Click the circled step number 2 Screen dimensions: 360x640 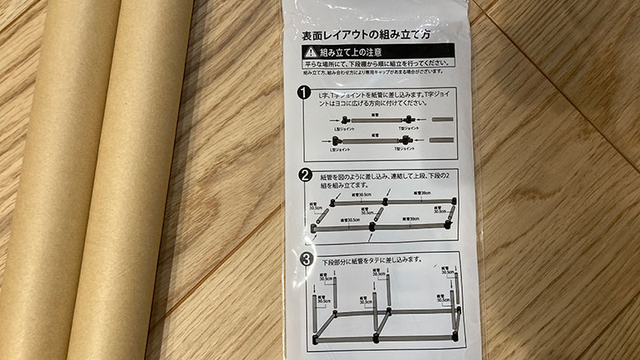tap(306, 175)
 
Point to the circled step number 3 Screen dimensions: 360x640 tap(307, 259)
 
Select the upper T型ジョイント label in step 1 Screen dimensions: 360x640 tap(411, 129)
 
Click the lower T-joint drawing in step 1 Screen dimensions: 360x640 tap(406, 141)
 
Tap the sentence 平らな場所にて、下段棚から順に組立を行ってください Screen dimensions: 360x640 tap(366, 63)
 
